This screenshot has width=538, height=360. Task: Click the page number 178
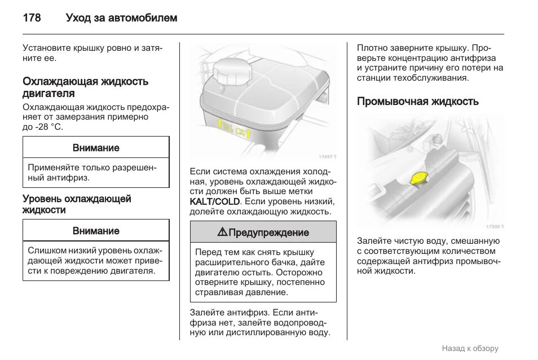(32, 18)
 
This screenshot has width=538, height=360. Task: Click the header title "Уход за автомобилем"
(121, 18)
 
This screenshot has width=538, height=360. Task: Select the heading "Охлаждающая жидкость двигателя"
(85, 87)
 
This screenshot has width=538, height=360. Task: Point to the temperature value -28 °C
(48, 128)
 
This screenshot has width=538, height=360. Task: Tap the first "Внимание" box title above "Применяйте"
(96, 148)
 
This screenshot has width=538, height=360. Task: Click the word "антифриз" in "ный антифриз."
(67, 178)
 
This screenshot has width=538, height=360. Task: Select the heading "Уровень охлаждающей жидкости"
(77, 204)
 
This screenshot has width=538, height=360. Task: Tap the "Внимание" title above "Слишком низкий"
(96, 231)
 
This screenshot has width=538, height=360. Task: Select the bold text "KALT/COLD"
(215, 201)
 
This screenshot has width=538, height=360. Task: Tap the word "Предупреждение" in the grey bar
(269, 232)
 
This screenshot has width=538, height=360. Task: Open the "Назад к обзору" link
(470, 348)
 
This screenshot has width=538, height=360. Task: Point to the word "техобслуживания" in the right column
(436, 78)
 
